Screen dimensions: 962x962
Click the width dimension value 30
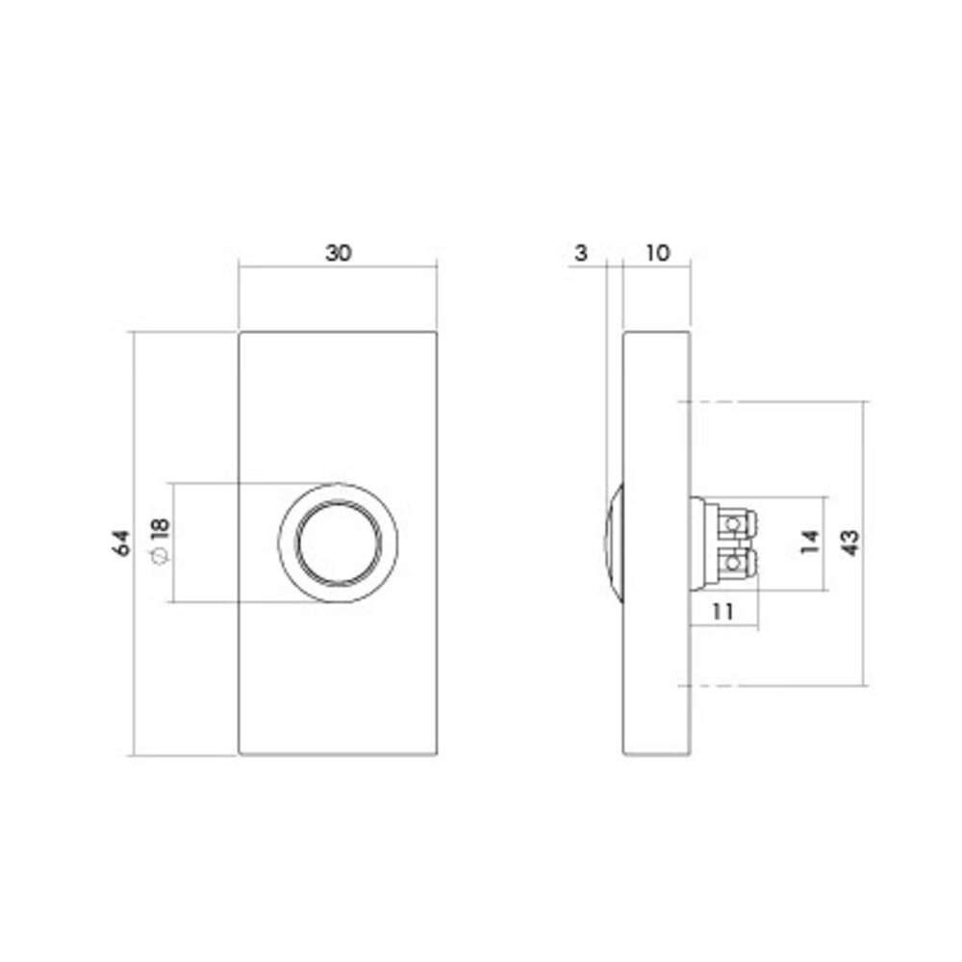coord(339,254)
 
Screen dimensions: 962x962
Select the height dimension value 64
coord(121,543)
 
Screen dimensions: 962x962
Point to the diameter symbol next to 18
coord(160,557)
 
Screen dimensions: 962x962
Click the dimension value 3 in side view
coord(579,254)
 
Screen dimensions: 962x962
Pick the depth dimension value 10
coord(657,254)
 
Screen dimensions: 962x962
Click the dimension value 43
coord(849,543)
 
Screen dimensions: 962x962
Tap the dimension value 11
coord(723,610)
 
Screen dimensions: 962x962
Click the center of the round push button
coord(338,543)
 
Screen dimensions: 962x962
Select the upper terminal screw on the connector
coord(736,522)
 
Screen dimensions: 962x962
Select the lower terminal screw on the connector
coord(736,561)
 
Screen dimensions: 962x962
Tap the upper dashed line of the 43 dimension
coord(770,400)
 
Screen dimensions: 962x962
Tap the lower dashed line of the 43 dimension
coord(770,686)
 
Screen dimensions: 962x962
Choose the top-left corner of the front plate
coord(240,332)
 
